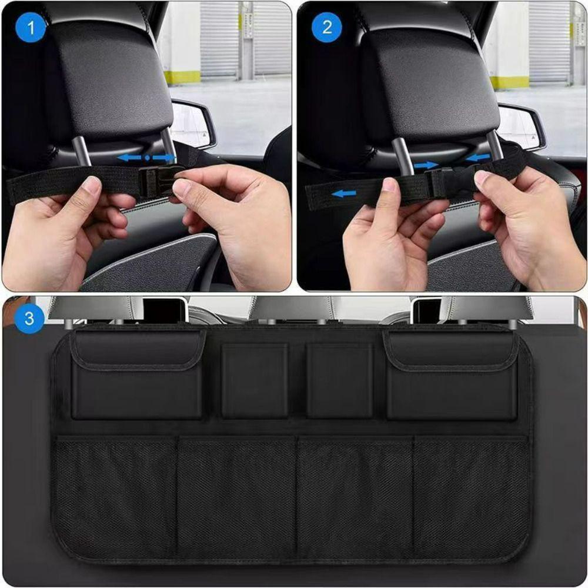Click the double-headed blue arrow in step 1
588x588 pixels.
tap(146, 158)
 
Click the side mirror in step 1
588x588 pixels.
tap(193, 124)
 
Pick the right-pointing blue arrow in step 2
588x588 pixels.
tap(425, 166)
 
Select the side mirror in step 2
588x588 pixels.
tap(521, 127)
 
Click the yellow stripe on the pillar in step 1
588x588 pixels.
tap(182, 77)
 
